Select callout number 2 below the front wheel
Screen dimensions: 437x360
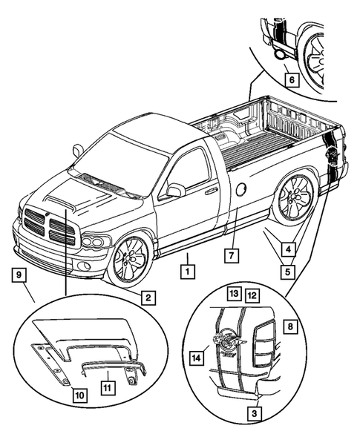(x=148, y=298)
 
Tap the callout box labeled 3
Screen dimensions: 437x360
(x=255, y=413)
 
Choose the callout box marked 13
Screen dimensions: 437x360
(x=234, y=294)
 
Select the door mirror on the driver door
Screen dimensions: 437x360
(x=175, y=191)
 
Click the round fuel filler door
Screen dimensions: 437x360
(x=241, y=189)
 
